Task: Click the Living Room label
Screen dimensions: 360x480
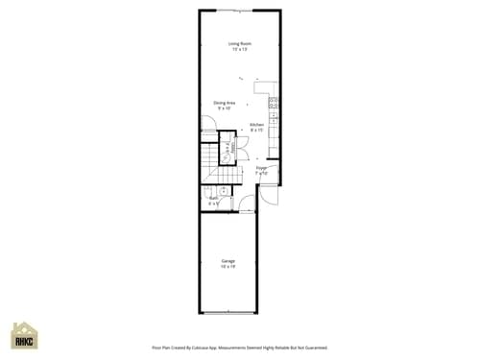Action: (240, 42)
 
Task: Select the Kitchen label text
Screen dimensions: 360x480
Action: (256, 126)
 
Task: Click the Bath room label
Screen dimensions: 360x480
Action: (213, 199)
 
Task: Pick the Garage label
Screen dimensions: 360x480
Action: (228, 260)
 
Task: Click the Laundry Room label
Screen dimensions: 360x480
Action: (228, 150)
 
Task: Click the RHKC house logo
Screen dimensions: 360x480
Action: (24, 336)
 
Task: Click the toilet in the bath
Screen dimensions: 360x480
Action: (208, 191)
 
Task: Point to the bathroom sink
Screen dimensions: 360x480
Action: (223, 191)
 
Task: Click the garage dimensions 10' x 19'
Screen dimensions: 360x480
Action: (228, 266)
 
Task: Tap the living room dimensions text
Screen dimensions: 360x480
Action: (240, 48)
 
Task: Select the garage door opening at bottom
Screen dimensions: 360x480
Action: (228, 313)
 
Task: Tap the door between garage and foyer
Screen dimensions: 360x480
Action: (247, 204)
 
